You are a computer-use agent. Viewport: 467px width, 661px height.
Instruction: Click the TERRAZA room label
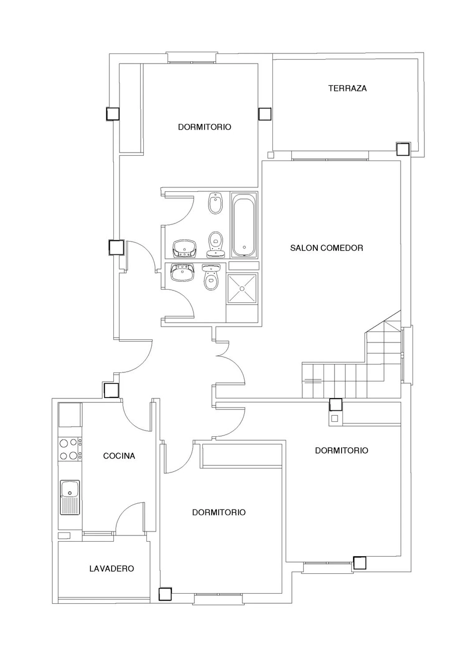click(347, 88)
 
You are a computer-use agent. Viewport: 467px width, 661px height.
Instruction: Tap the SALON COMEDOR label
click(327, 248)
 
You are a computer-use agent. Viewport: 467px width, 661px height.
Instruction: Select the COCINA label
click(119, 456)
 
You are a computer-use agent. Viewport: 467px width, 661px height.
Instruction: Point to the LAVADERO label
click(111, 569)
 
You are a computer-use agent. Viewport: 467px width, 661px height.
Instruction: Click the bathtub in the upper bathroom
click(244, 225)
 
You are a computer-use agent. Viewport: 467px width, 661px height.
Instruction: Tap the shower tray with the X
click(242, 288)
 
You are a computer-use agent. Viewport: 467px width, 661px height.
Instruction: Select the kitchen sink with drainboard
click(70, 497)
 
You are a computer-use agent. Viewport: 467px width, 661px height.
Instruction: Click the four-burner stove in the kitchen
click(70, 449)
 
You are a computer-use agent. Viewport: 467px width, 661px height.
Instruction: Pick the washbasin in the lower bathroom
click(182, 272)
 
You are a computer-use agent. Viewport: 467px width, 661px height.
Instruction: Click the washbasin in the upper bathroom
click(185, 248)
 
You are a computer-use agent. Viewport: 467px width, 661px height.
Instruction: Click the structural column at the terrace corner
click(403, 149)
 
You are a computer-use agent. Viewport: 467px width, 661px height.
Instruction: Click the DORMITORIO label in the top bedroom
click(205, 127)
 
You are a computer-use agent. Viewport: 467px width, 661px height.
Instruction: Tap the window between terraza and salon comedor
click(330, 159)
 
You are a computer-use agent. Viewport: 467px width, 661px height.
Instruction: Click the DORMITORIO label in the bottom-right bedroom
click(342, 451)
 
